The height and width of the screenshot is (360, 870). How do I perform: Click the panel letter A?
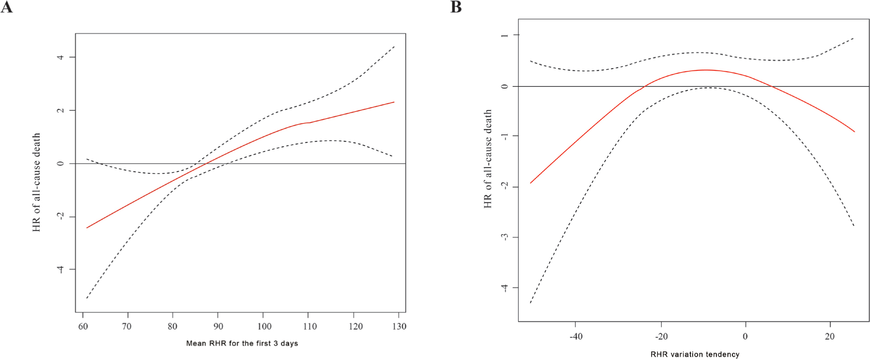click(x=7, y=7)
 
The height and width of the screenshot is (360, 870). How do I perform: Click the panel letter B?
click(x=456, y=7)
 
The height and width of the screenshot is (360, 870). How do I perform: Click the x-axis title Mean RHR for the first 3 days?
click(x=242, y=344)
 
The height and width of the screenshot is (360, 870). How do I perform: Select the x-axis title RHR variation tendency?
click(x=695, y=355)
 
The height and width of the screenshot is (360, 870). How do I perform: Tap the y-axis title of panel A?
click(x=37, y=182)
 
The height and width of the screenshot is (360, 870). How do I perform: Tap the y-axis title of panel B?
click(x=488, y=159)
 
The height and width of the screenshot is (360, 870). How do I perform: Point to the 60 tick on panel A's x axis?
click(x=83, y=327)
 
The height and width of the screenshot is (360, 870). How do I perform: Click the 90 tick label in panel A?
click(x=218, y=327)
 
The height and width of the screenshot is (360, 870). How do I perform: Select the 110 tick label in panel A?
click(x=310, y=327)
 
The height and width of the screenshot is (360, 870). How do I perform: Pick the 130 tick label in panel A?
click(x=399, y=327)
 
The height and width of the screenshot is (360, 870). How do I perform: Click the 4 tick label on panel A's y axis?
click(x=61, y=57)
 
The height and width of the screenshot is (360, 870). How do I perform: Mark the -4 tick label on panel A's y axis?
click(x=61, y=269)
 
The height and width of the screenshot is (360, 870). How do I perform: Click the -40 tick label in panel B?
click(x=576, y=336)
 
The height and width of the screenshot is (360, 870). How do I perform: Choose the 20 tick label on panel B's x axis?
click(x=829, y=336)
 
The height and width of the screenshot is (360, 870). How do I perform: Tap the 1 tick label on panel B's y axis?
click(x=505, y=35)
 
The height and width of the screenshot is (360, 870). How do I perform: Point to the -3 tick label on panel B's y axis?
click(x=505, y=237)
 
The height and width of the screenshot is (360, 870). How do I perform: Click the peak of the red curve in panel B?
click(x=705, y=70)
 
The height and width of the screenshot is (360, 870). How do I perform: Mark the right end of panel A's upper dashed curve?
click(x=394, y=46)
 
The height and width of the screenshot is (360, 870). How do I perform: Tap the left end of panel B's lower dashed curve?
click(x=530, y=303)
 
